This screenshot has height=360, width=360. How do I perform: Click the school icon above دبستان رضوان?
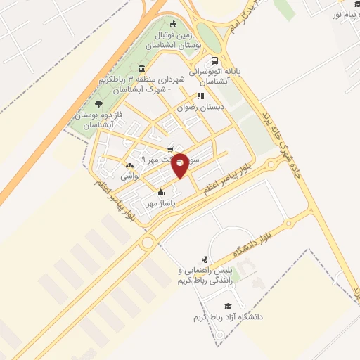[200, 96]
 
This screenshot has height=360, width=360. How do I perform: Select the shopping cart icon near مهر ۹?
[171, 150]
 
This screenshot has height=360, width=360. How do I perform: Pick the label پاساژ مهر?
[160, 203]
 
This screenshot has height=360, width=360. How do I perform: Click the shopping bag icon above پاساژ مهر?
[160, 193]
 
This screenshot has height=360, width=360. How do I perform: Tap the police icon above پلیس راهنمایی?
[205, 259]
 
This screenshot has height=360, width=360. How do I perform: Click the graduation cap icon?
[227, 306]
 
